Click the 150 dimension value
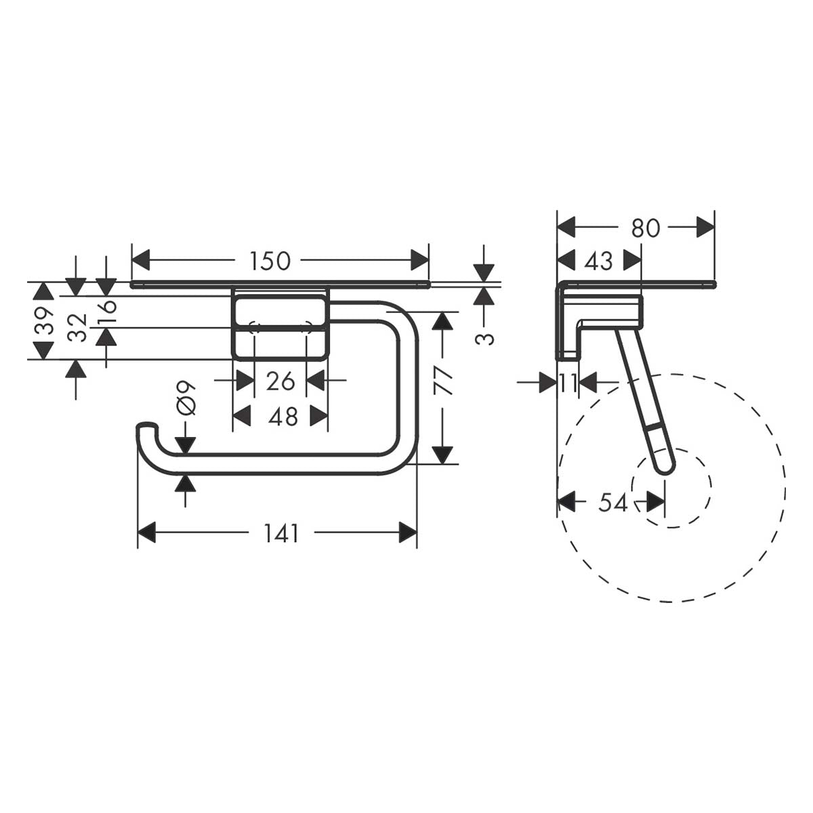pyautogui.click(x=270, y=260)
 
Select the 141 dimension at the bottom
pyautogui.click(x=282, y=534)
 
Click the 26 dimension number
pyautogui.click(x=280, y=381)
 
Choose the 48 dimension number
pyautogui.click(x=283, y=417)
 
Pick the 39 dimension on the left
pyautogui.click(x=44, y=321)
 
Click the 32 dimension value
pyautogui.click(x=79, y=327)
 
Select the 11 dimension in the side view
pyautogui.click(x=568, y=383)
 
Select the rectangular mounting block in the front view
pyautogui.click(x=280, y=323)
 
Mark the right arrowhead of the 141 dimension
pyautogui.click(x=408, y=533)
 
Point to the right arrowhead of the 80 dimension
pyautogui.click(x=706, y=228)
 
